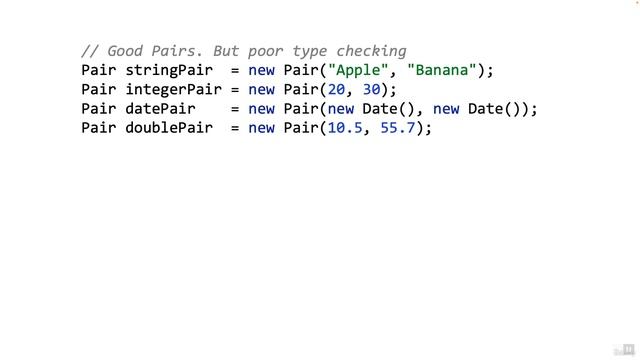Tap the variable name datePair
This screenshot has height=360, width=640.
pyautogui.click(x=158, y=108)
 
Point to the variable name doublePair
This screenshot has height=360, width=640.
pyautogui.click(x=167, y=128)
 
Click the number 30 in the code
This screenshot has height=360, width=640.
pyautogui.click(x=368, y=89)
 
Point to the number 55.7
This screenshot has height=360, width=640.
pyautogui.click(x=398, y=128)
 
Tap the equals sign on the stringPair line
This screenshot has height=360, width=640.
pyautogui.click(x=236, y=70)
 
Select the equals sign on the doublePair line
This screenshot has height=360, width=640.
pyautogui.click(x=236, y=128)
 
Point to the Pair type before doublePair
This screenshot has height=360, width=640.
pyautogui.click(x=99, y=128)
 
